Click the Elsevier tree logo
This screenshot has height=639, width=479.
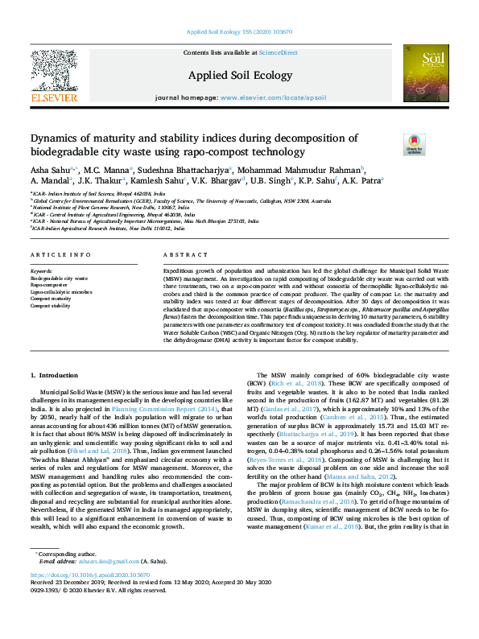53,76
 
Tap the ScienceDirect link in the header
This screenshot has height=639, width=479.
278,52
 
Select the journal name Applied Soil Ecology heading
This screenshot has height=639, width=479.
240,74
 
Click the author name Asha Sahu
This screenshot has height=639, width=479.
49,170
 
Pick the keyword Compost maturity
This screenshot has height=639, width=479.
52,299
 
